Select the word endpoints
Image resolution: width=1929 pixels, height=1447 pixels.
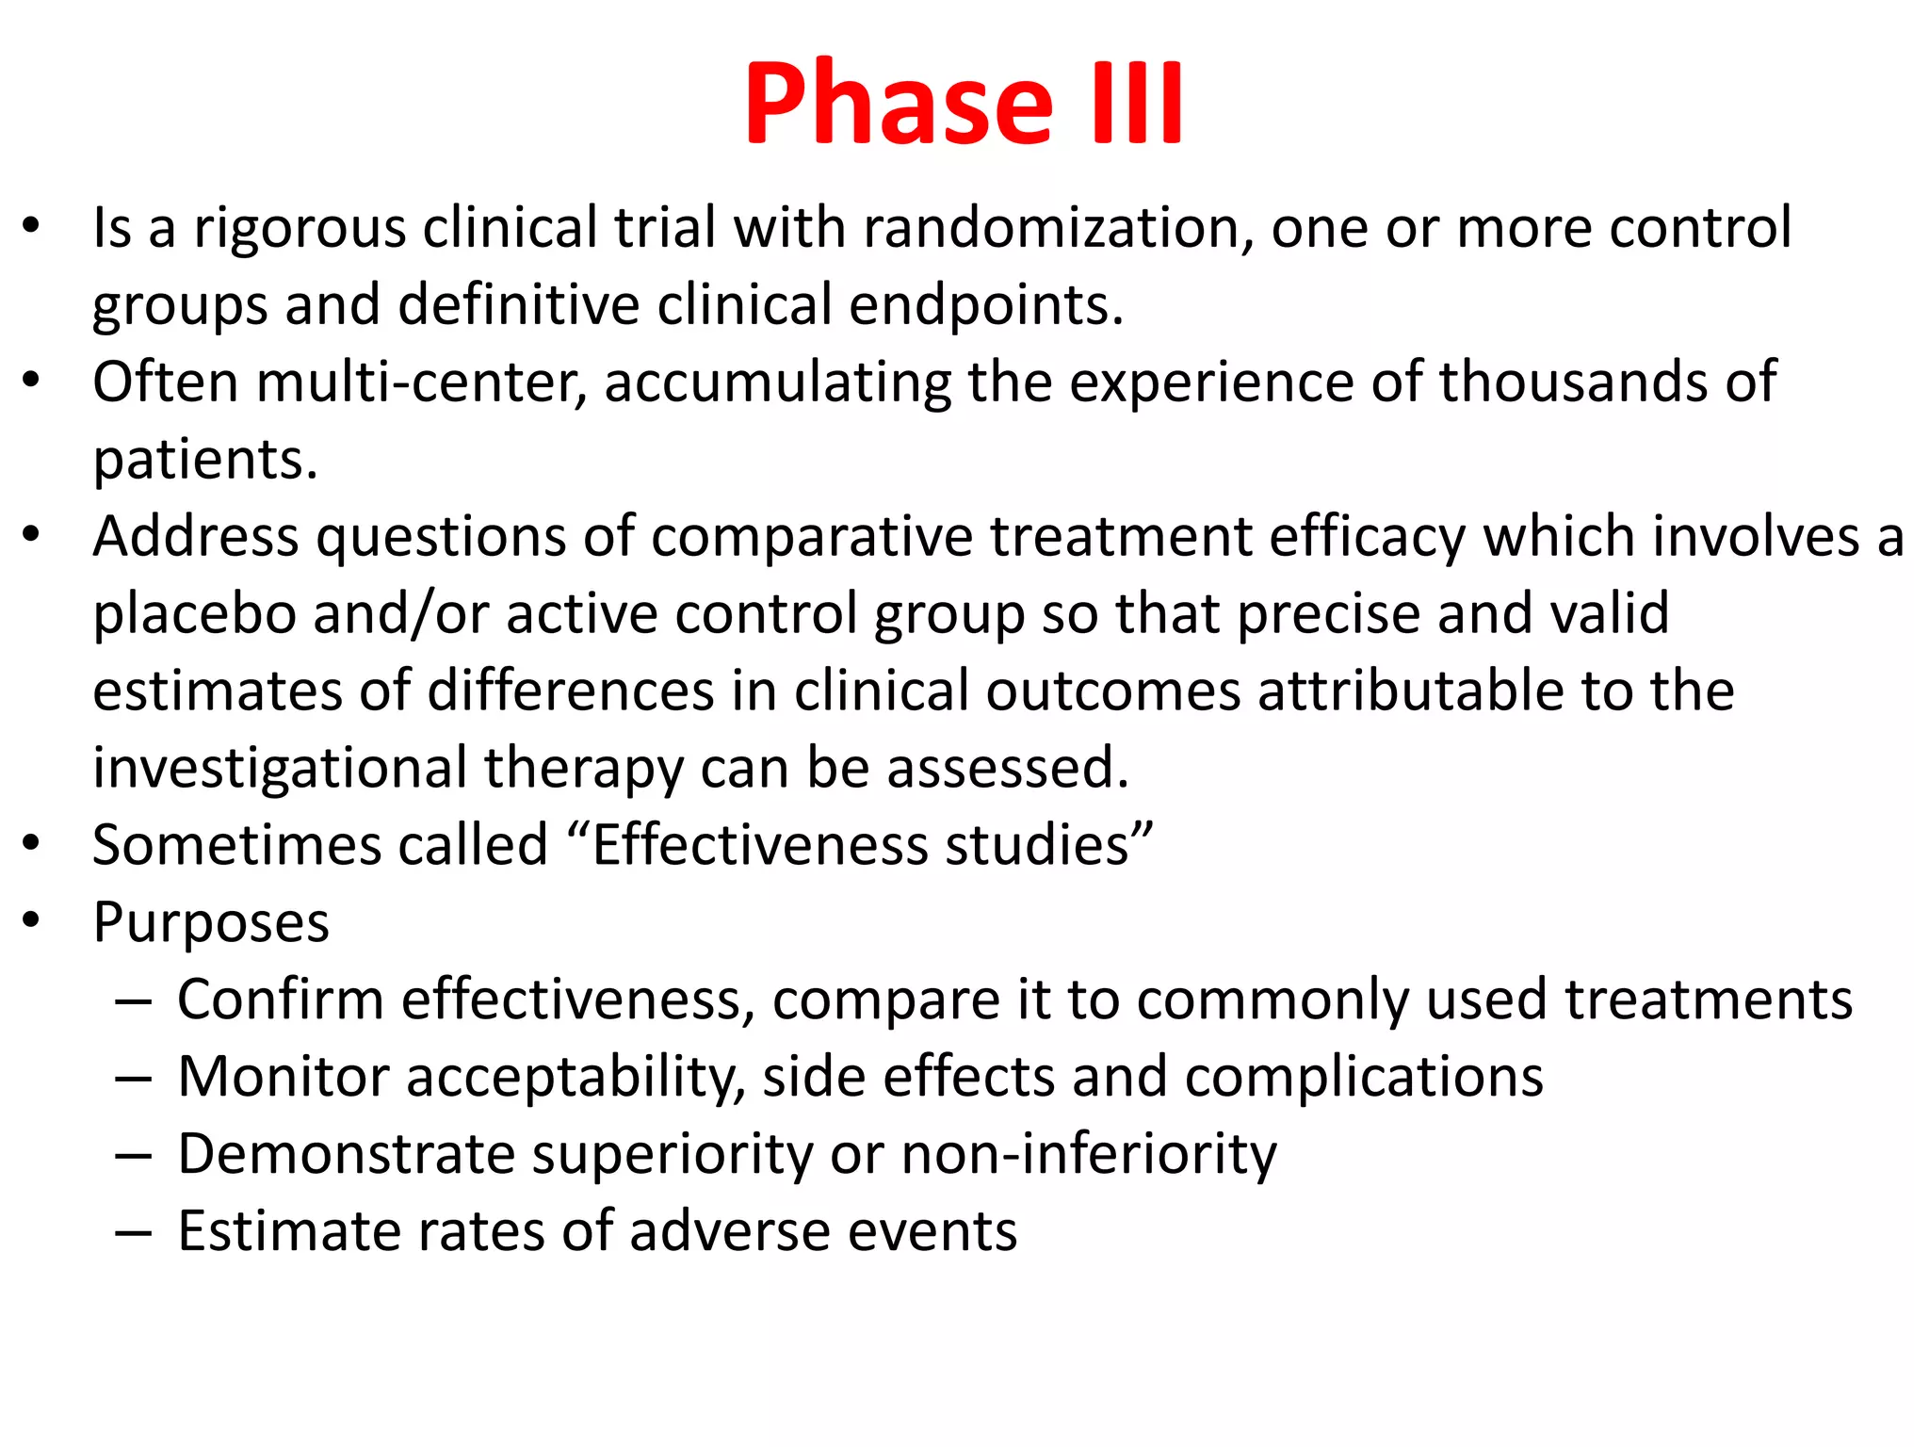(x=986, y=305)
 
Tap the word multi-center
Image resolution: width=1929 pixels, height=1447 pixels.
(x=421, y=382)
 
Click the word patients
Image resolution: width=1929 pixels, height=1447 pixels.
(x=205, y=460)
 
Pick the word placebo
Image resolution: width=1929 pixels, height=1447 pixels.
(x=194, y=614)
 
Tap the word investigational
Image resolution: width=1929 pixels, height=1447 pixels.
(x=280, y=769)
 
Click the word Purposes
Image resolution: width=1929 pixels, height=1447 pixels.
(x=211, y=922)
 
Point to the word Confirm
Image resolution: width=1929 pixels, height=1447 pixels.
(x=280, y=1000)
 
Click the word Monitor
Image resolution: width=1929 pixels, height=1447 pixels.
(x=282, y=1077)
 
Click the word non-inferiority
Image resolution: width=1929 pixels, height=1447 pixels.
(x=1088, y=1154)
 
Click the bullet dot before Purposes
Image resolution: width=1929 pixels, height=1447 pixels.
(x=32, y=919)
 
